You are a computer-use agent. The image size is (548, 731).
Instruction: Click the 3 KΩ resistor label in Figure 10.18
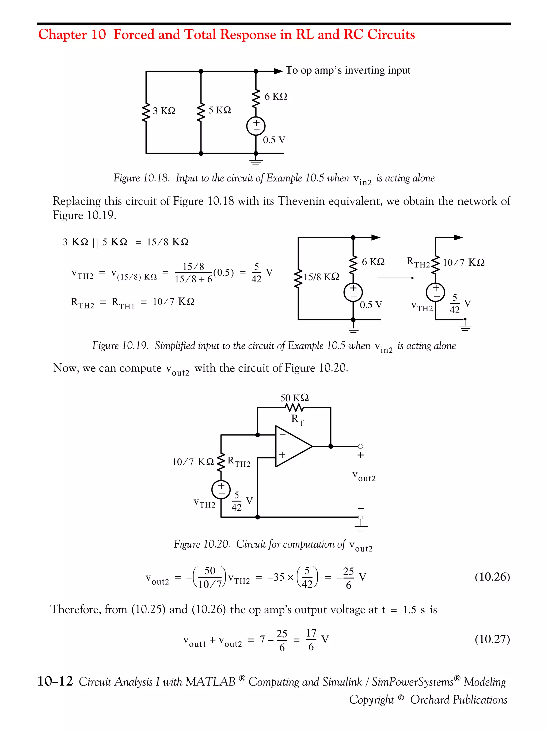point(164,111)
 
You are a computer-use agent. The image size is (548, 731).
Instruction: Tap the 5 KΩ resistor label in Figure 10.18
point(220,110)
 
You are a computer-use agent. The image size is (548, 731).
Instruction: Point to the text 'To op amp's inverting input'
point(348,70)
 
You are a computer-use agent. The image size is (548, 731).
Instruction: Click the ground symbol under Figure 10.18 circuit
point(256,162)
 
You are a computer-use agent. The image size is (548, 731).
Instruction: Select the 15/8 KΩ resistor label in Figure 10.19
point(321,277)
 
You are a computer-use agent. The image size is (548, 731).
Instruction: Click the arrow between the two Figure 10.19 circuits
point(396,278)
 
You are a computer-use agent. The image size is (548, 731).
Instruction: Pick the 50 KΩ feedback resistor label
point(294,397)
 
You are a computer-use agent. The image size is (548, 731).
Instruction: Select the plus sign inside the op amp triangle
point(282,455)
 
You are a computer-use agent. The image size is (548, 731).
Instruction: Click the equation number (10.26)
point(492,577)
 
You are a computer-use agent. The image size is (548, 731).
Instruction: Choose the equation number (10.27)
point(492,639)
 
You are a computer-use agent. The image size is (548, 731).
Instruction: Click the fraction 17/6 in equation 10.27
point(311,639)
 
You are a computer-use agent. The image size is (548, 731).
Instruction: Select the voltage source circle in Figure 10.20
point(221,489)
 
